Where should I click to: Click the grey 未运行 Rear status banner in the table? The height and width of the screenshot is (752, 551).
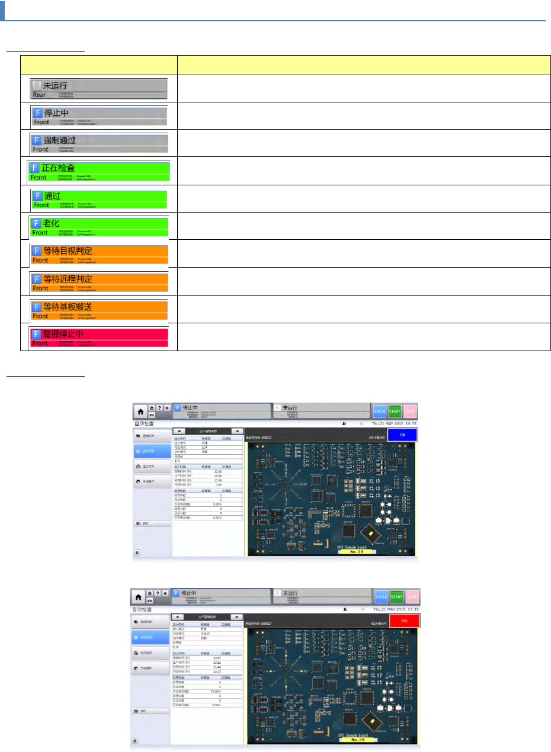point(99,88)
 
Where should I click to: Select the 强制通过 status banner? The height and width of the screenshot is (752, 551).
point(100,143)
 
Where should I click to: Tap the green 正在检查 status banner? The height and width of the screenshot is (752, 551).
point(100,171)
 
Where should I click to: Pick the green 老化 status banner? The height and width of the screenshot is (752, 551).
point(100,226)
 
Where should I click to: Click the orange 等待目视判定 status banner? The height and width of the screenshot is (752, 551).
point(100,254)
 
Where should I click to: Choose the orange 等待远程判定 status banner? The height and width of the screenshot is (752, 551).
point(100,282)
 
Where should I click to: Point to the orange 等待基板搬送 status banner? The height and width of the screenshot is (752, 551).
point(100,310)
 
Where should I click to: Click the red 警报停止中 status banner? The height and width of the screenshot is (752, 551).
point(100,337)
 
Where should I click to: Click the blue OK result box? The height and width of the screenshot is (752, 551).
point(402,435)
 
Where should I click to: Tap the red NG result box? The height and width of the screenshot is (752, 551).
point(404,620)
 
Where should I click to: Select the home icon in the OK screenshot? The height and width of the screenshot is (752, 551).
point(140,411)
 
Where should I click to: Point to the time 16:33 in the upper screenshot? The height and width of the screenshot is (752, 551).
point(409,424)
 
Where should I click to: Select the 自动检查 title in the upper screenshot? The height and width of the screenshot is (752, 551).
point(142,425)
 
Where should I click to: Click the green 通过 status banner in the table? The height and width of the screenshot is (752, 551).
point(100,198)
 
